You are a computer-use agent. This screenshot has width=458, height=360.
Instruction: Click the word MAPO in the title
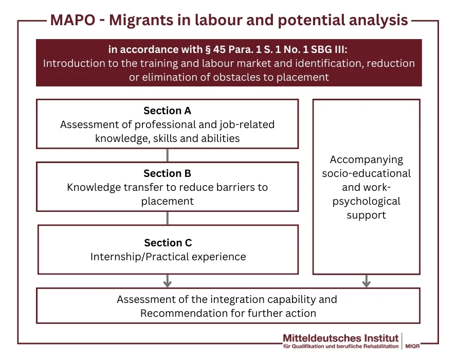point(72,20)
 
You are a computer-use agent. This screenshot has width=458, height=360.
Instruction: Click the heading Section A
point(168,111)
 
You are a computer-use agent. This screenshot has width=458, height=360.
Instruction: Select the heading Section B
point(168,174)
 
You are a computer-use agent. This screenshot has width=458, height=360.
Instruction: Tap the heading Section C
point(168,243)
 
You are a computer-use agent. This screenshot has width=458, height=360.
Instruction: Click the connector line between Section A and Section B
point(168,155)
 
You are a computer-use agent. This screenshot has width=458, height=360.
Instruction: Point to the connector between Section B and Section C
point(168,218)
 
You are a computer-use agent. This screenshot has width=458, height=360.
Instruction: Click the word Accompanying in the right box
point(367,160)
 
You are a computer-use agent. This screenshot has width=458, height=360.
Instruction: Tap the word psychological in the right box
point(367,202)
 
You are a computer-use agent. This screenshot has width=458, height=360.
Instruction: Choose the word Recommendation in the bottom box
point(184,313)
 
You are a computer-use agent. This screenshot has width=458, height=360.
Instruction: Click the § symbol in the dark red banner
point(208,50)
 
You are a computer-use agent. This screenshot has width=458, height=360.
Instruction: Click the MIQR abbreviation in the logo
point(412,346)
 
